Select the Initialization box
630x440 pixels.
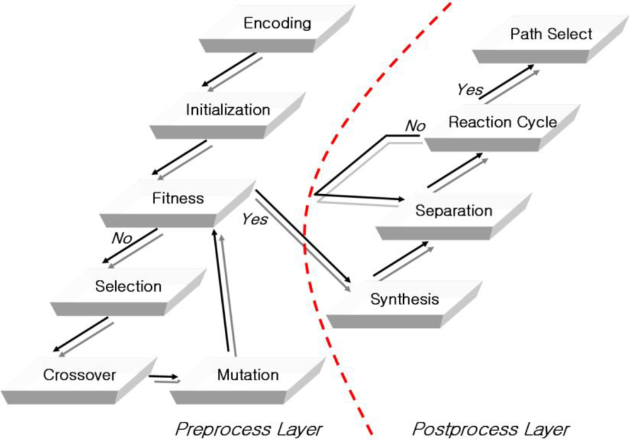pyautogui.click(x=227, y=111)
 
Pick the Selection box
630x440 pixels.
pyautogui.click(x=129, y=287)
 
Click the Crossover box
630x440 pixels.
pyautogui.click(x=79, y=376)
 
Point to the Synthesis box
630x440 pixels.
pyautogui.click(x=404, y=300)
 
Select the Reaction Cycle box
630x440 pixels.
pyautogui.click(x=502, y=123)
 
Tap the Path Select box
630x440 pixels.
pyautogui.click(x=551, y=35)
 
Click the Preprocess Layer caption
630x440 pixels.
pyautogui.click(x=249, y=429)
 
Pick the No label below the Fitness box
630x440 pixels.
pyautogui.click(x=121, y=238)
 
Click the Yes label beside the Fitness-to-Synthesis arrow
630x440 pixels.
pyautogui.click(x=255, y=220)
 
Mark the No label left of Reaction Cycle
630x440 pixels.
pyautogui.click(x=415, y=126)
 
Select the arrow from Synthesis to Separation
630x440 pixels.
pyautogui.click(x=403, y=260)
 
